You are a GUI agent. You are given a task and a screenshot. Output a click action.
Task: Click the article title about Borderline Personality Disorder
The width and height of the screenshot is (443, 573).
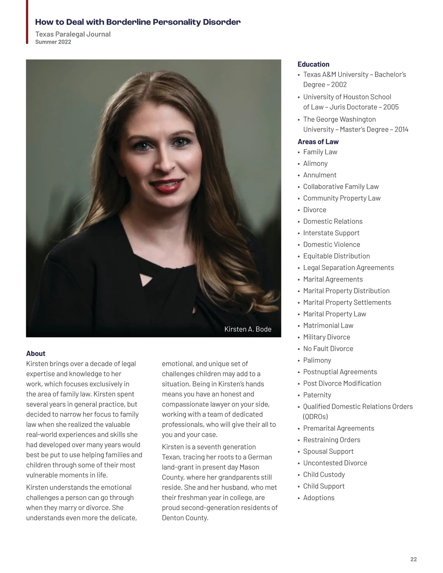(x=138, y=22)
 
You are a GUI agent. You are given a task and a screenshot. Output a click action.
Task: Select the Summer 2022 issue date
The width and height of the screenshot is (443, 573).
(x=53, y=42)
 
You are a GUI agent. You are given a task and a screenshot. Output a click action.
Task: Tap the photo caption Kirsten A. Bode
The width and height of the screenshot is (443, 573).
(x=248, y=329)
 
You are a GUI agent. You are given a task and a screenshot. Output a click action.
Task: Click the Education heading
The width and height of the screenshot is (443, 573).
(x=313, y=64)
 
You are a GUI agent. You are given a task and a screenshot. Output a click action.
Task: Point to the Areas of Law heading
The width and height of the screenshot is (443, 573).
(x=318, y=142)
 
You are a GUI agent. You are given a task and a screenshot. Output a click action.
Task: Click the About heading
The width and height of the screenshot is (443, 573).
(x=36, y=353)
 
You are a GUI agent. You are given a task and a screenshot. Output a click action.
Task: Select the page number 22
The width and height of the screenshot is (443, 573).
(x=413, y=559)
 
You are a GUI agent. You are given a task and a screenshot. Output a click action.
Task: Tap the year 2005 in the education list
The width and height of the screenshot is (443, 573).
(x=391, y=107)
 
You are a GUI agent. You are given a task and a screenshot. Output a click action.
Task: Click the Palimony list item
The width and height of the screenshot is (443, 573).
(x=317, y=360)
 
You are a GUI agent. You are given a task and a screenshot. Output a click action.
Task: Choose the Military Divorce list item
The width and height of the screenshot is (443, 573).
(x=326, y=337)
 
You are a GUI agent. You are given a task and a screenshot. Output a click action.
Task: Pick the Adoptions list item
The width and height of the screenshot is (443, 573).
(x=319, y=498)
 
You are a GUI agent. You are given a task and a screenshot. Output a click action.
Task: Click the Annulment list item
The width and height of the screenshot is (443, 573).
(x=320, y=175)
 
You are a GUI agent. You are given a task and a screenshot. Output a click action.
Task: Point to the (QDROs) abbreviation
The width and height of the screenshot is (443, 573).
(x=315, y=417)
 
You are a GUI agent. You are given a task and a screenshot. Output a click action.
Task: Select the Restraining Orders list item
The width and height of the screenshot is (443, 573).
(x=332, y=440)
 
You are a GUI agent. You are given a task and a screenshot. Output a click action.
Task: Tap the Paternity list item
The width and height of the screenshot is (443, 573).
(x=317, y=395)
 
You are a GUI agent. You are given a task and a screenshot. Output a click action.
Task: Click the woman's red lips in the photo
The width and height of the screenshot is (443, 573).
(x=167, y=186)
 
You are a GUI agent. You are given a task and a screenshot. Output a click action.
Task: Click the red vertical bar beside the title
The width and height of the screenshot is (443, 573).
(x=27, y=22)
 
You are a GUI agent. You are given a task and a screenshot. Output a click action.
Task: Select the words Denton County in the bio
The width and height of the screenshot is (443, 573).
(x=185, y=518)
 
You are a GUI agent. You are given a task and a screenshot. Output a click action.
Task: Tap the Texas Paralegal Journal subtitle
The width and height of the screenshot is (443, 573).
(x=73, y=34)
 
